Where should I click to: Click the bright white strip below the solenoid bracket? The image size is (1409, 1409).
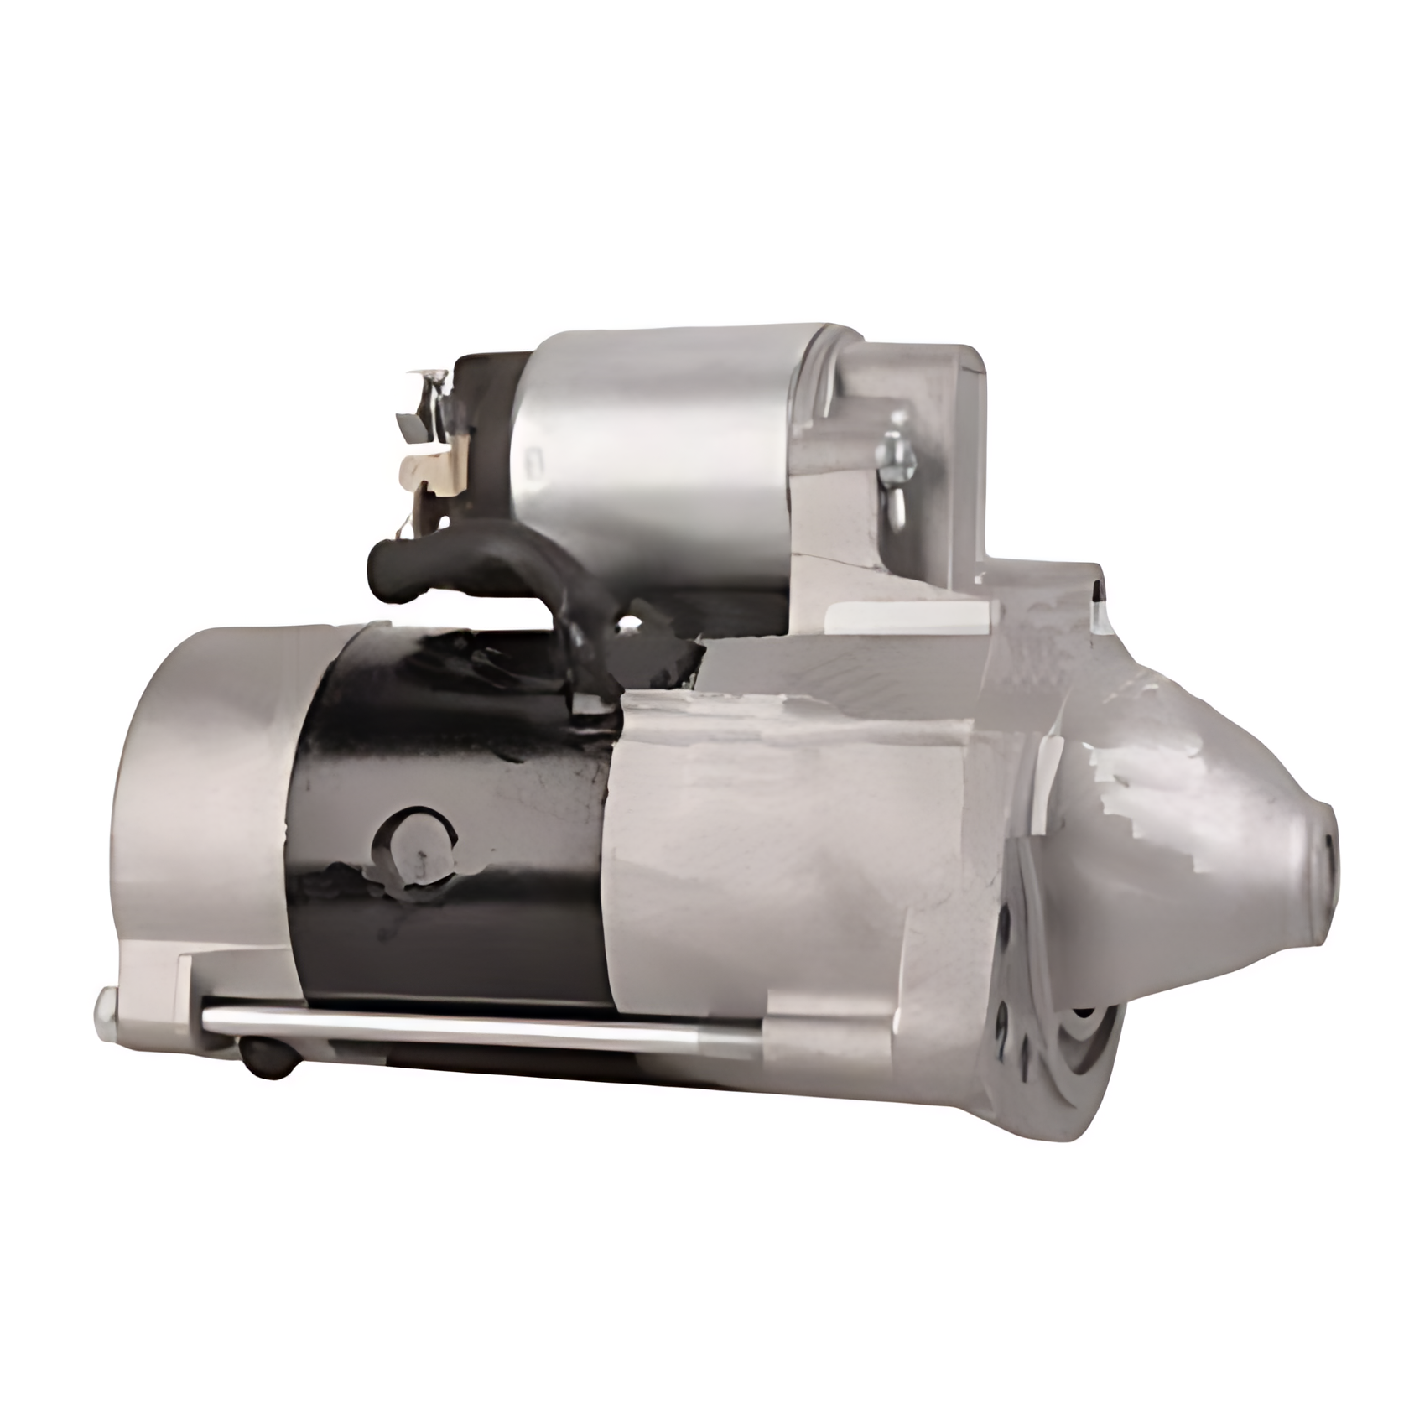point(906,621)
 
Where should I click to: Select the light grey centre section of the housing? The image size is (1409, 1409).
point(797,839)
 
